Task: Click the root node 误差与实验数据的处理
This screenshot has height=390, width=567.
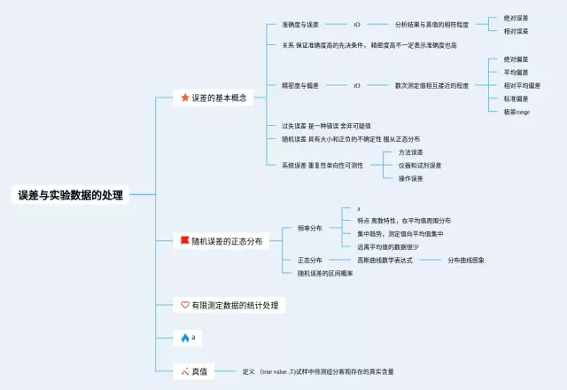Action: (71, 195)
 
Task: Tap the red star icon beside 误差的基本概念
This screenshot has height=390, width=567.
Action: (185, 97)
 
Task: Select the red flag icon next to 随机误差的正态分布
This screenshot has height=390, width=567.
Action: (185, 240)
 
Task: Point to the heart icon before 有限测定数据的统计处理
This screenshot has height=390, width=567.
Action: (185, 305)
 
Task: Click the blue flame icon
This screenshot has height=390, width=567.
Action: (185, 338)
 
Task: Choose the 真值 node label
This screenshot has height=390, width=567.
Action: (199, 370)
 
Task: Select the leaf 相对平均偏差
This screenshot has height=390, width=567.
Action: (522, 85)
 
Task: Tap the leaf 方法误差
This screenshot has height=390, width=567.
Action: (411, 152)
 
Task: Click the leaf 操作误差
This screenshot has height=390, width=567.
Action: (411, 178)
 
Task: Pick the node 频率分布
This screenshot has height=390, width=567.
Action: (310, 228)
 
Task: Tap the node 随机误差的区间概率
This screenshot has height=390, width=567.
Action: (325, 273)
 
